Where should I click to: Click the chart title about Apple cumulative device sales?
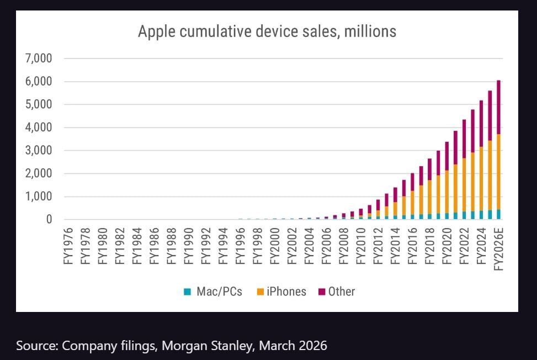(267, 31)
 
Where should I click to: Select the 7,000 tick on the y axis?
(38, 59)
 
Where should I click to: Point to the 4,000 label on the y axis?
(38, 128)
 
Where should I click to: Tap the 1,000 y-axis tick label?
(38, 197)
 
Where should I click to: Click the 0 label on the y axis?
(49, 220)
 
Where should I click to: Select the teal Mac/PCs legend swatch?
(187, 292)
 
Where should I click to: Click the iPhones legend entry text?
(286, 292)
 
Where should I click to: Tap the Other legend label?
(342, 292)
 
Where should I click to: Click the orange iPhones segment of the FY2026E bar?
(498, 171)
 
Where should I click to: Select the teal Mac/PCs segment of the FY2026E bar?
(498, 214)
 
